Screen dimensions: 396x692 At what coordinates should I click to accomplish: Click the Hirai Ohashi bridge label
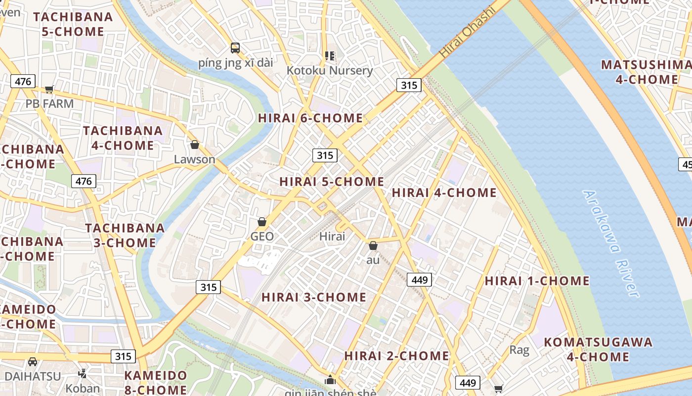[467, 33]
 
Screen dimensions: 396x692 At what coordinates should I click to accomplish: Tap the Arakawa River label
[611, 244]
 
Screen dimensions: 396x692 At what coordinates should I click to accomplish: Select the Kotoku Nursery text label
[330, 70]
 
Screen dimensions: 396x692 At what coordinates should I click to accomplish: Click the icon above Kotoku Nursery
[330, 55]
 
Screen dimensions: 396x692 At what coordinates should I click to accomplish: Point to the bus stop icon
[235, 48]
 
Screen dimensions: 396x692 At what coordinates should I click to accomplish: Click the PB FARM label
[49, 104]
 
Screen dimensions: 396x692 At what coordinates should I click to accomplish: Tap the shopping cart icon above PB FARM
[49, 89]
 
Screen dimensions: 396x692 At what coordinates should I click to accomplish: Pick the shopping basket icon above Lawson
[195, 145]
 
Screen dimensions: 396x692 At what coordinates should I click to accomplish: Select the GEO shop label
[262, 236]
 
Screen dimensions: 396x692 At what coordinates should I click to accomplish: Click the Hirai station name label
[332, 236]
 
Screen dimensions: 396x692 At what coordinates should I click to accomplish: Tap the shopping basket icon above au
[373, 246]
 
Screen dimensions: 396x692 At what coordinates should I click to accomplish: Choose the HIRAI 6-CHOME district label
[310, 118]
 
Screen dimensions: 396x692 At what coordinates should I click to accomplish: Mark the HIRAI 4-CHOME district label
[444, 193]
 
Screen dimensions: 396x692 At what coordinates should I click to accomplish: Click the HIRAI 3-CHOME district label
[314, 297]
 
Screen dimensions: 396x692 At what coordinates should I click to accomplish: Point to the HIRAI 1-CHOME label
[537, 281]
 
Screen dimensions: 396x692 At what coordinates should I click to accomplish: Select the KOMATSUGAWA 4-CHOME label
[598, 349]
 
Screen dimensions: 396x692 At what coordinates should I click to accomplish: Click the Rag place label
[519, 350]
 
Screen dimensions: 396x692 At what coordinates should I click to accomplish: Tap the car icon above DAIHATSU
[33, 361]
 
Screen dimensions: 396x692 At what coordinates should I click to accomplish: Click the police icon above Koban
[83, 374]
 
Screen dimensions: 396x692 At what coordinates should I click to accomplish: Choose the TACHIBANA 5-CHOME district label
[73, 24]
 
